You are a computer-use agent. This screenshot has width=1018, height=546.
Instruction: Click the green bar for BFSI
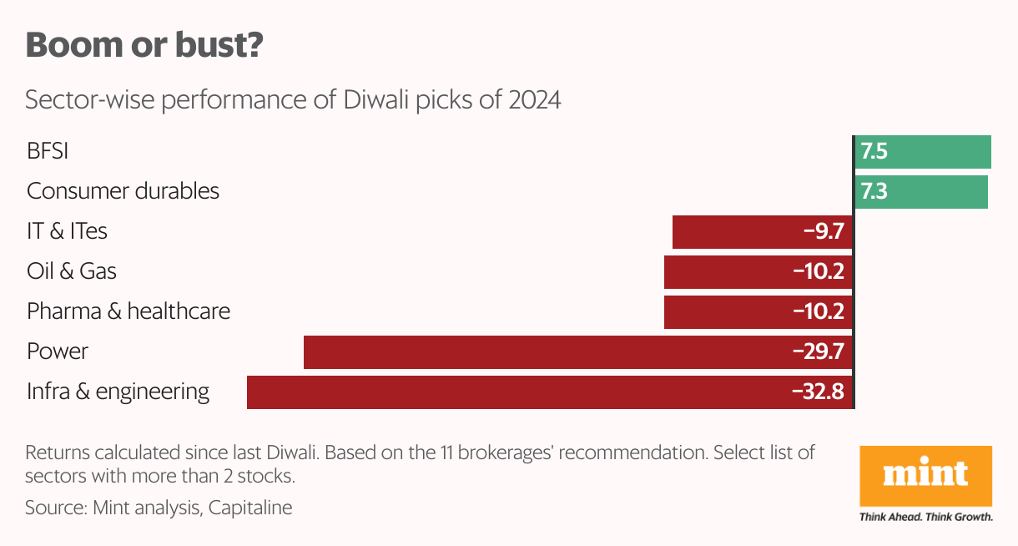tap(923, 152)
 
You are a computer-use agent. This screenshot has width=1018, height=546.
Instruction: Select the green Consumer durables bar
tap(921, 192)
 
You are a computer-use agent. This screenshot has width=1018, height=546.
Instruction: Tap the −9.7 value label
tap(823, 232)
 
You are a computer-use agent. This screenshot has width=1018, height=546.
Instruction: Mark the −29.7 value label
tap(818, 352)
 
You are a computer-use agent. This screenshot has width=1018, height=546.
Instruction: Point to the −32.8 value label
tap(818, 392)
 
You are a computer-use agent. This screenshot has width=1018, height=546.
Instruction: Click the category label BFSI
tap(48, 152)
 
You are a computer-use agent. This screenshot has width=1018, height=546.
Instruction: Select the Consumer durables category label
tap(123, 191)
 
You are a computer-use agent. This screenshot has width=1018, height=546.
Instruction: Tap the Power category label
tap(57, 351)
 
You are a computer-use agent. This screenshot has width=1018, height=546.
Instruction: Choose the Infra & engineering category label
tap(118, 392)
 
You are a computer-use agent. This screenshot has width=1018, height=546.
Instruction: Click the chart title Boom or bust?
tap(144, 45)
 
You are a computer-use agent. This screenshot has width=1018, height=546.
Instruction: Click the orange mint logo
tap(925, 476)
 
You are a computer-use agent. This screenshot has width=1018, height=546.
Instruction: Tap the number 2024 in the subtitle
tap(532, 101)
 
